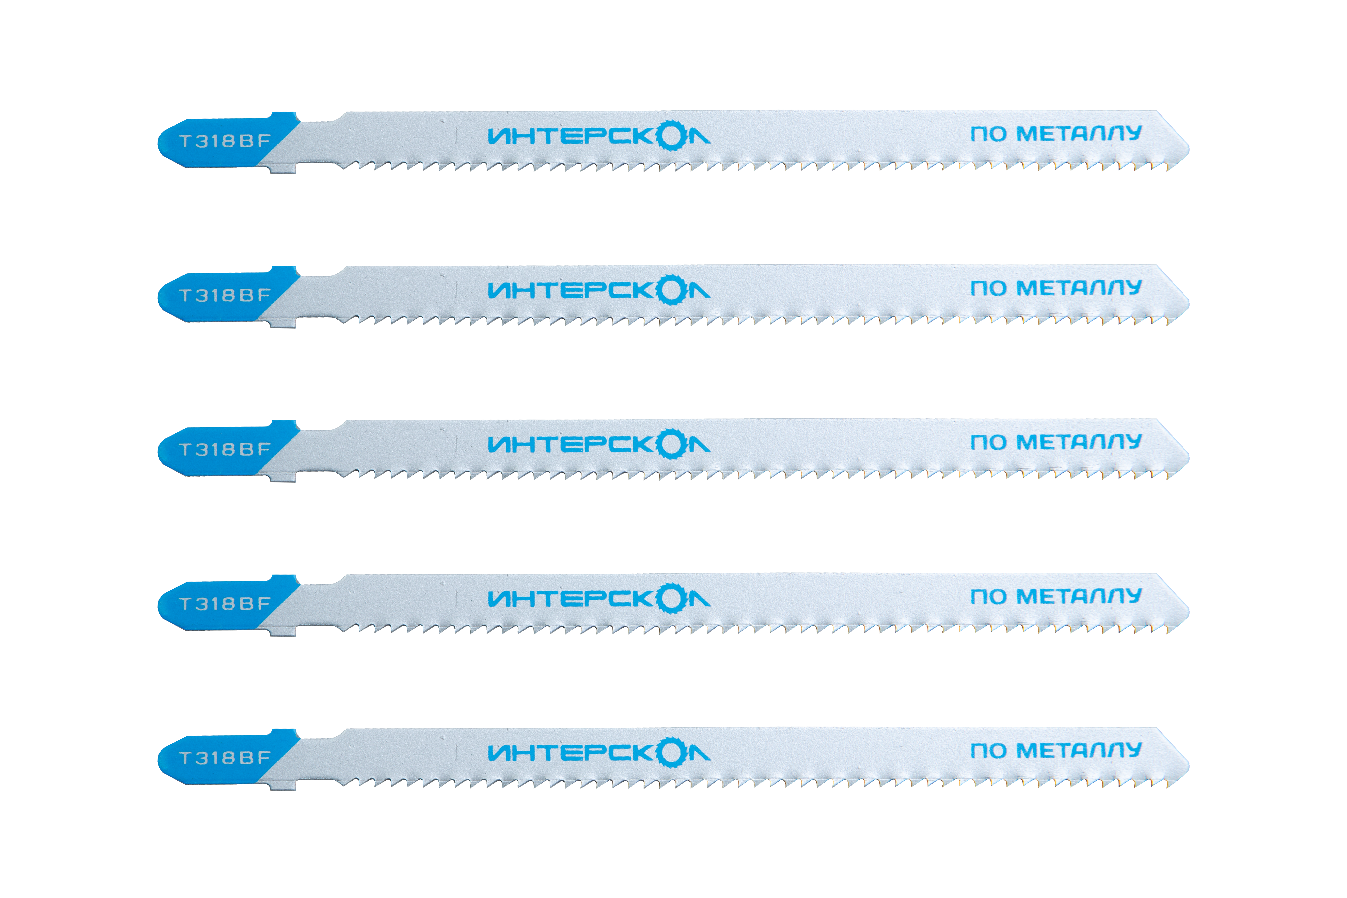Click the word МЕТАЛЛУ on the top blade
(1079, 134)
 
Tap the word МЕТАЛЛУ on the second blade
(1079, 287)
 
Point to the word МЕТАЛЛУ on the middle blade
(1079, 442)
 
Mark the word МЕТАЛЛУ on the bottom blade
(1079, 750)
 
